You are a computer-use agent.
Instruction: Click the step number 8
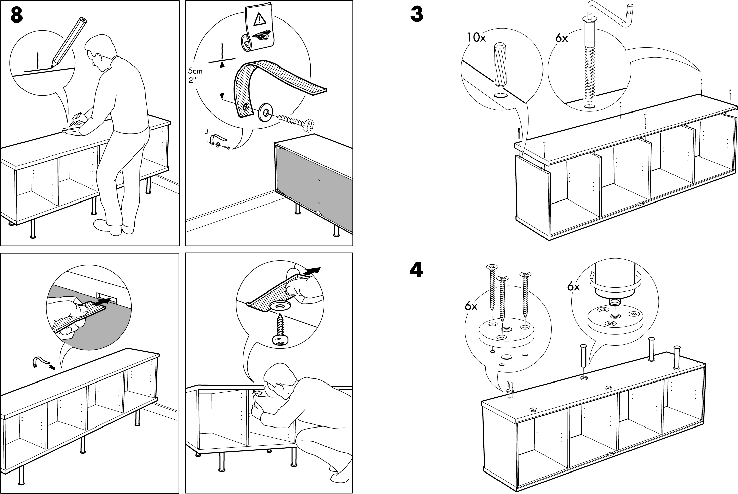17,15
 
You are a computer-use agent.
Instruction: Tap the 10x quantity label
476,38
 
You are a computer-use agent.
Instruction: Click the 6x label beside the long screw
561,38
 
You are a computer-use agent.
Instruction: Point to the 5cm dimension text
195,71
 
